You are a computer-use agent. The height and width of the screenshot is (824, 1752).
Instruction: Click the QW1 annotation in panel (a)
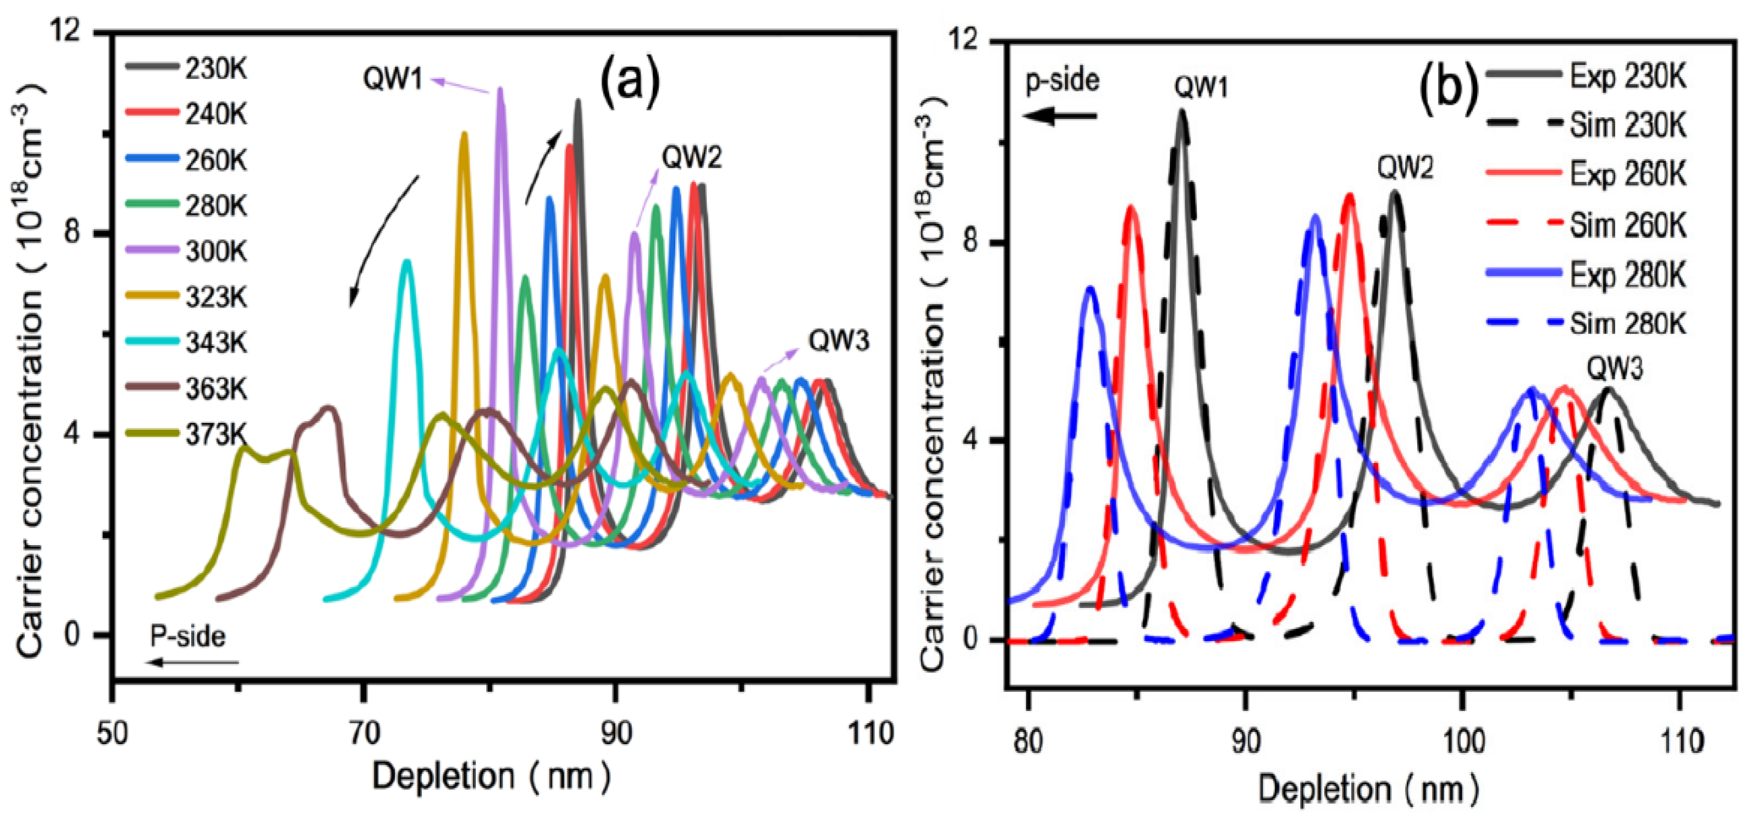coord(393,79)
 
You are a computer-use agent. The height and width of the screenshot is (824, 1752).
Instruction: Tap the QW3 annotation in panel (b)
coord(1615,369)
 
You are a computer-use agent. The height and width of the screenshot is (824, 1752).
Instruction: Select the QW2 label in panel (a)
coord(692,158)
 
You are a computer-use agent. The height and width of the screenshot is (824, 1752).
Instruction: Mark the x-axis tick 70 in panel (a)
coord(364,733)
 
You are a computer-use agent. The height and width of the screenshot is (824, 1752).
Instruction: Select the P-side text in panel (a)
coord(188,636)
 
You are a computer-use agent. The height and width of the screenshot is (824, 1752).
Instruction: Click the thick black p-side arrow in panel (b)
coord(1061,116)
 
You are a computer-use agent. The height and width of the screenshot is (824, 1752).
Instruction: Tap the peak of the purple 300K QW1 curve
coord(501,90)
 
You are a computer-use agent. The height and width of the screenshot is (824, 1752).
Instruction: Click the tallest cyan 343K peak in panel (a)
coord(406,262)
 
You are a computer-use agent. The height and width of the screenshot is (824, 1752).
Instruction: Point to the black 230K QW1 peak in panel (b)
coord(1181,112)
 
